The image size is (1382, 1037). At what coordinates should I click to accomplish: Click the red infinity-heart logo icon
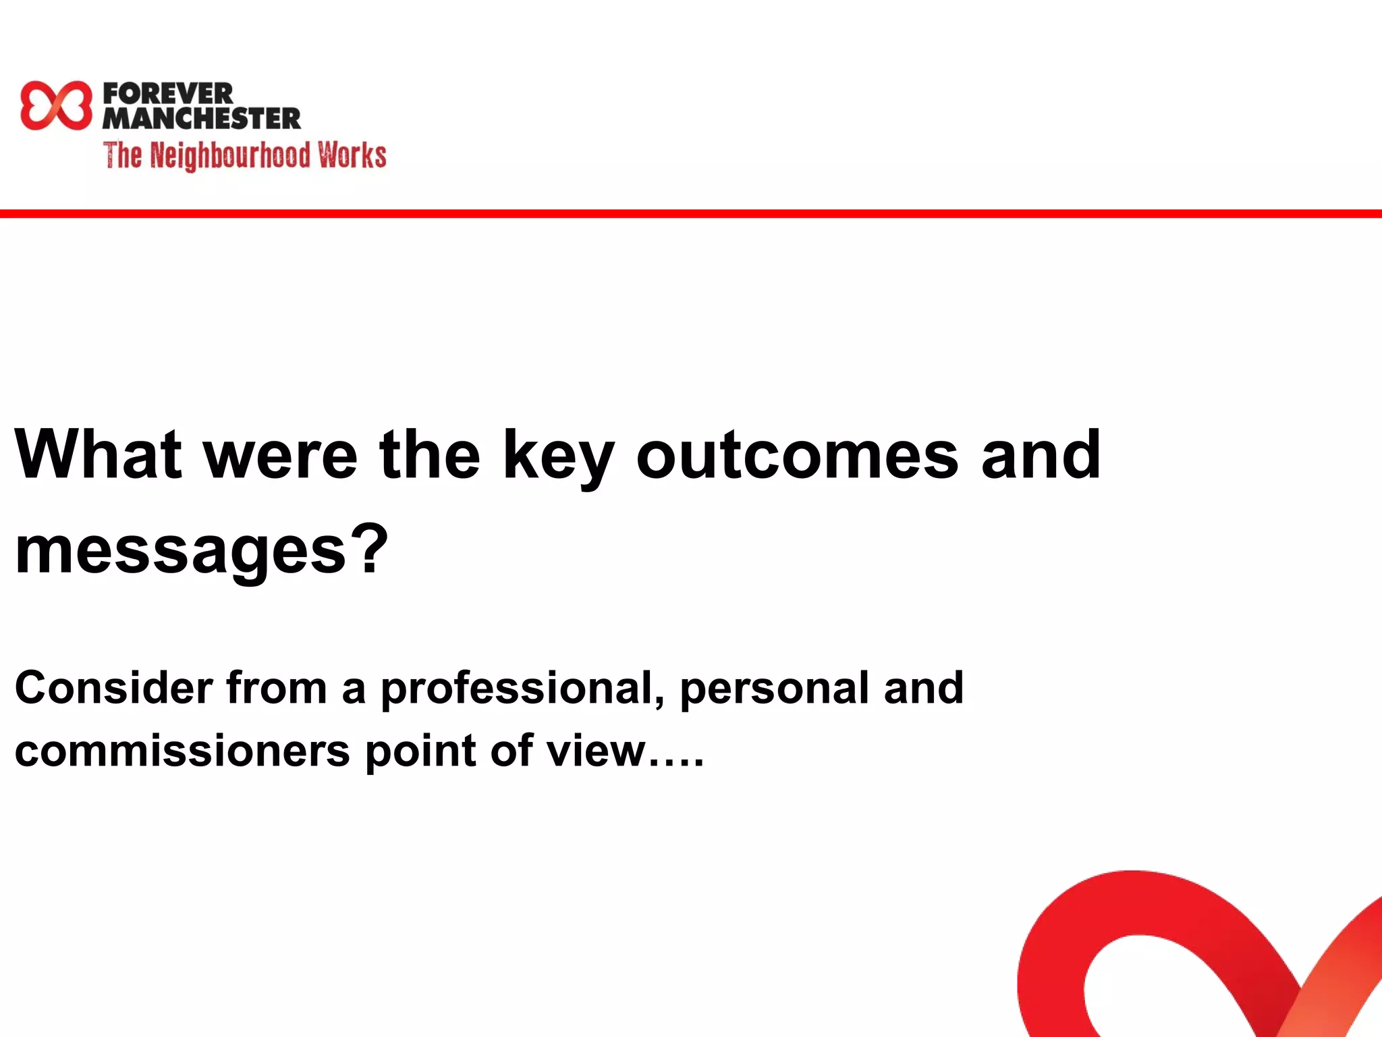coord(55,105)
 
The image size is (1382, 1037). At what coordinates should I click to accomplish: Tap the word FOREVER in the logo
coord(168,93)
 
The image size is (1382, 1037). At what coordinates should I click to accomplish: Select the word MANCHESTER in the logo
coord(201,119)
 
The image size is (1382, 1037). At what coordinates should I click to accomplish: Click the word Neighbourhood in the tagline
coord(229,155)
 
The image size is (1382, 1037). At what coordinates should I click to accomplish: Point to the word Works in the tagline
coord(352,155)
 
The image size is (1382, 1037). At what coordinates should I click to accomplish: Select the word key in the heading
coord(558,459)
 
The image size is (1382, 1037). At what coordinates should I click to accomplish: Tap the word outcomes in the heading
coord(797,456)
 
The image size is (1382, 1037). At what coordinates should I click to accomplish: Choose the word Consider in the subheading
coord(114,688)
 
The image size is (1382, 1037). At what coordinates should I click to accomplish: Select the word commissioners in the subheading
coord(182,751)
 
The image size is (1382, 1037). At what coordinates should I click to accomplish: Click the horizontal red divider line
coord(691,214)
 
